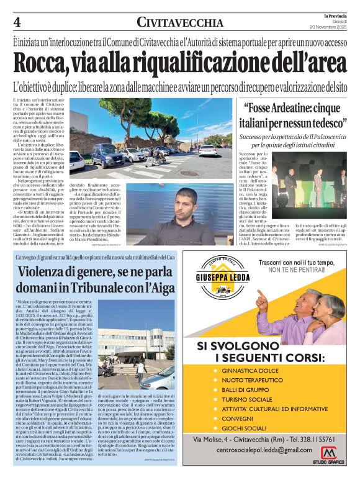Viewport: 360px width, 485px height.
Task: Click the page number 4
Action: pos(17,22)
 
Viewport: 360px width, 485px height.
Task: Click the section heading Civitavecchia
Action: pos(180,23)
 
